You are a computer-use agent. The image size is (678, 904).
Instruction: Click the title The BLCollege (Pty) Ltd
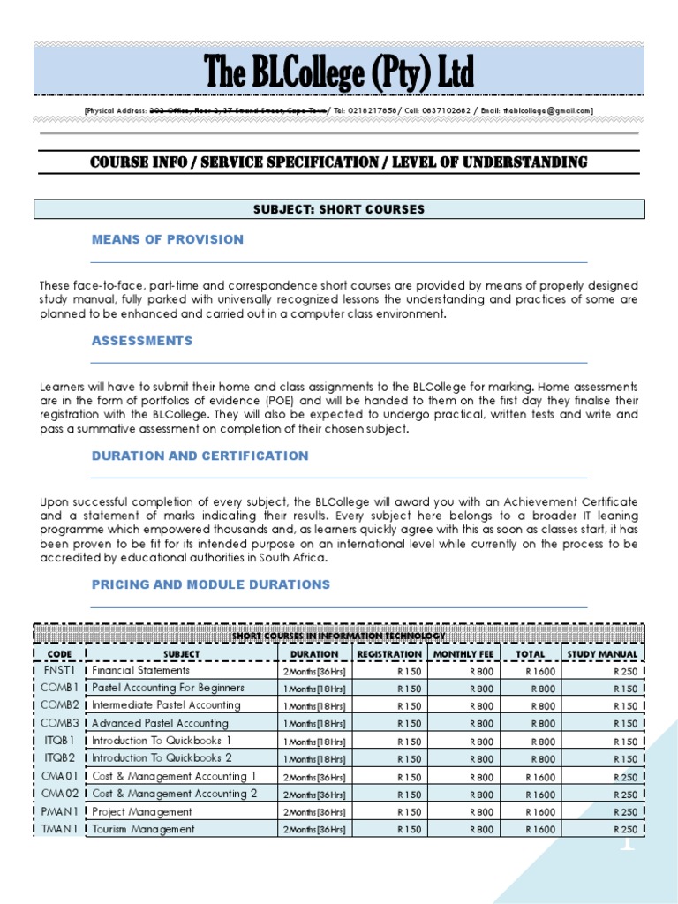pyautogui.click(x=339, y=71)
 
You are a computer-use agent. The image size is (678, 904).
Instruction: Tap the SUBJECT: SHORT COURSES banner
pyautogui.click(x=339, y=209)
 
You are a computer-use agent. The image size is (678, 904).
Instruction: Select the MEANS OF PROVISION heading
pyautogui.click(x=168, y=239)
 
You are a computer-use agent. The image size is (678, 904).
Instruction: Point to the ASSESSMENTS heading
pyautogui.click(x=142, y=341)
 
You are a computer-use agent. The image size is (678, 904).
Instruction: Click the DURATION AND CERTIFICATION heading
pyautogui.click(x=200, y=456)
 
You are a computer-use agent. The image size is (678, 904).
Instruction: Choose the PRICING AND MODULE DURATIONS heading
pyautogui.click(x=211, y=584)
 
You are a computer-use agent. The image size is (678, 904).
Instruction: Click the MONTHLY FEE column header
pyautogui.click(x=463, y=654)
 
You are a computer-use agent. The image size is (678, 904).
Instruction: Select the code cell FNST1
pyautogui.click(x=60, y=670)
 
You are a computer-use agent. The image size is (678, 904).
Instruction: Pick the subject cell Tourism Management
pyautogui.click(x=143, y=829)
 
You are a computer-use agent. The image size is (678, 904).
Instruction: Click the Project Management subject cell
pyautogui.click(x=142, y=811)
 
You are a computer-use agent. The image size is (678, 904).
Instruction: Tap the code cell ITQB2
pyautogui.click(x=60, y=758)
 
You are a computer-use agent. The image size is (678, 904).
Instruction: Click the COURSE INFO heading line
pyautogui.click(x=339, y=162)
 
